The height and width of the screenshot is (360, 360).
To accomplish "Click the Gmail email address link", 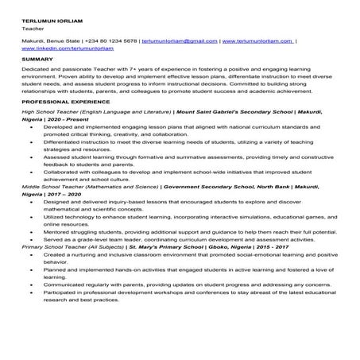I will [x=179, y=39].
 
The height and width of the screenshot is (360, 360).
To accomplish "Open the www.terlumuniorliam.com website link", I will [x=257, y=39].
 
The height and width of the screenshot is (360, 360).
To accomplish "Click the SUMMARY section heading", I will [x=37, y=60].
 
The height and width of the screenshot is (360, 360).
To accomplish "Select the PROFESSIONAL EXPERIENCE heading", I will [x=66, y=103].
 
